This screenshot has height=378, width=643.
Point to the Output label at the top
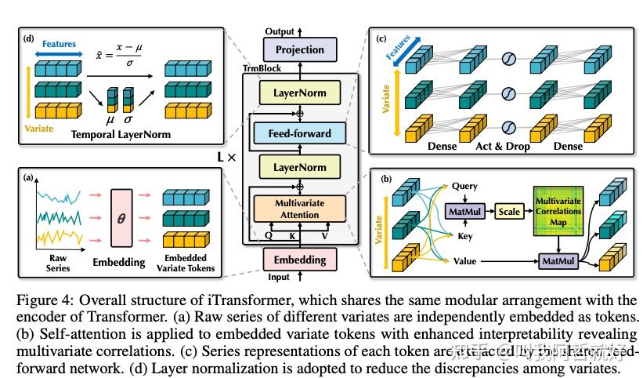[280, 31]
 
